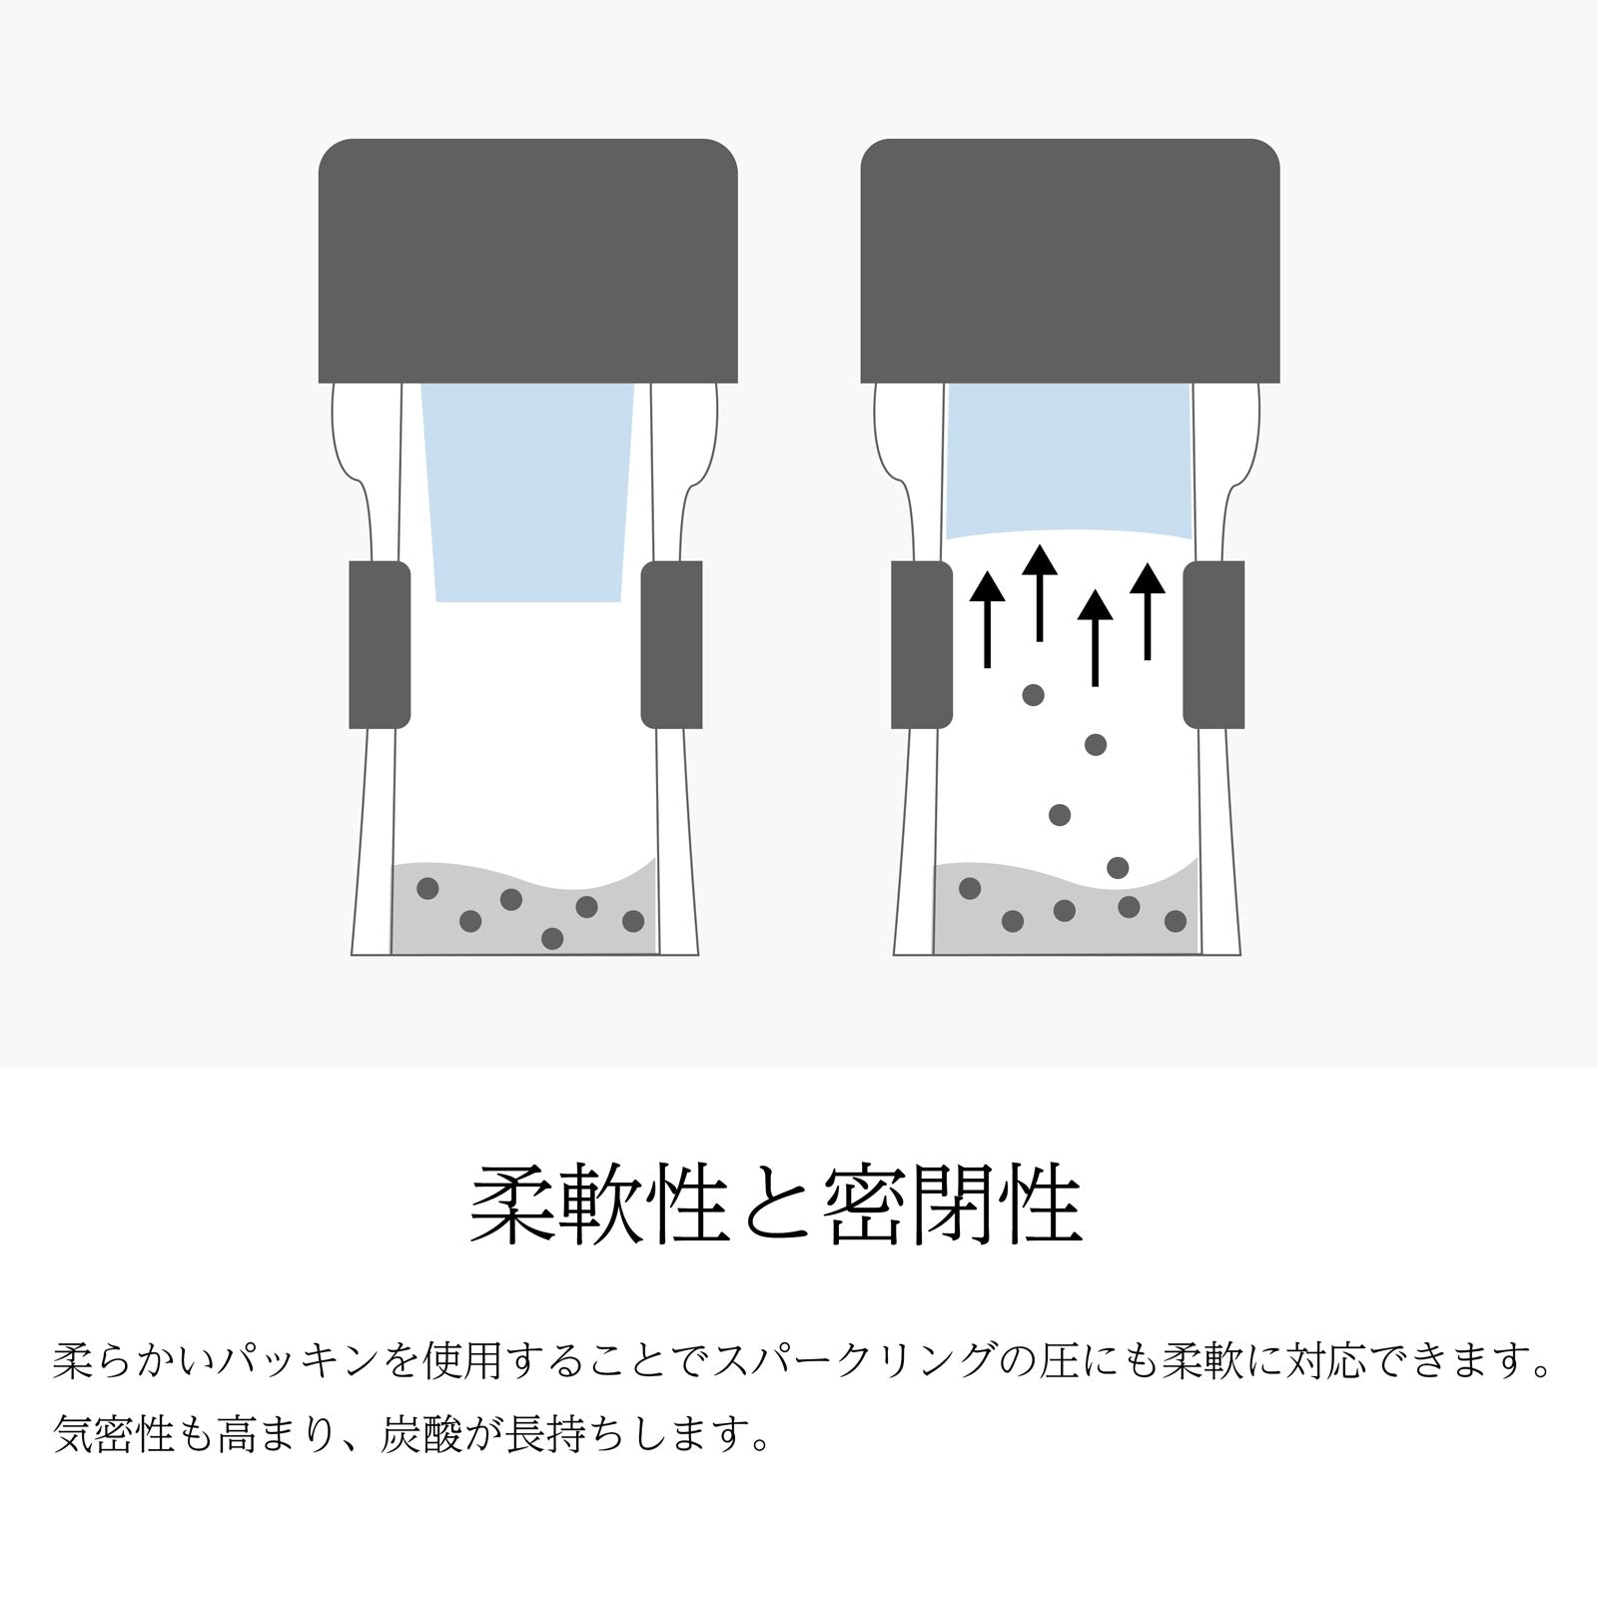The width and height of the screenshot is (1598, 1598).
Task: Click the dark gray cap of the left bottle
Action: tap(527, 261)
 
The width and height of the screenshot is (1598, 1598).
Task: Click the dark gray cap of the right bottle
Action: tap(1070, 261)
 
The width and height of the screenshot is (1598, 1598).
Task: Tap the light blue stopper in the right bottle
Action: tap(1069, 460)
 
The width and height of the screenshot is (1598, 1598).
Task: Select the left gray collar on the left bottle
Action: tap(380, 644)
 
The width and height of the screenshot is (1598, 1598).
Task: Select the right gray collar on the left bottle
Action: tap(671, 644)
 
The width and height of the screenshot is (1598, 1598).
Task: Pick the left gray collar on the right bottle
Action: tap(922, 644)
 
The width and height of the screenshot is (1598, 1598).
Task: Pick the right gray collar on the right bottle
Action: tap(1213, 644)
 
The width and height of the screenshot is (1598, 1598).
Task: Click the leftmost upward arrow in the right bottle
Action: tap(988, 619)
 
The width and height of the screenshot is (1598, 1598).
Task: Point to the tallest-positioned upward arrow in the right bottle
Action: tap(1040, 593)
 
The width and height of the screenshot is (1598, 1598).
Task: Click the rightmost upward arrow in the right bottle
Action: tap(1148, 611)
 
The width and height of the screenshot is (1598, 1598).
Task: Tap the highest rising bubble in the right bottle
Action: tap(1034, 694)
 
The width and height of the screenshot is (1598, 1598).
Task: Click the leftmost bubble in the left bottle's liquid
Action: tap(427, 888)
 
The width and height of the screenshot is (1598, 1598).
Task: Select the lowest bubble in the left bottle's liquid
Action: tap(552, 938)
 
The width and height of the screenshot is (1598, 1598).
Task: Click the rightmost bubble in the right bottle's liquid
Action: tap(1176, 921)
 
